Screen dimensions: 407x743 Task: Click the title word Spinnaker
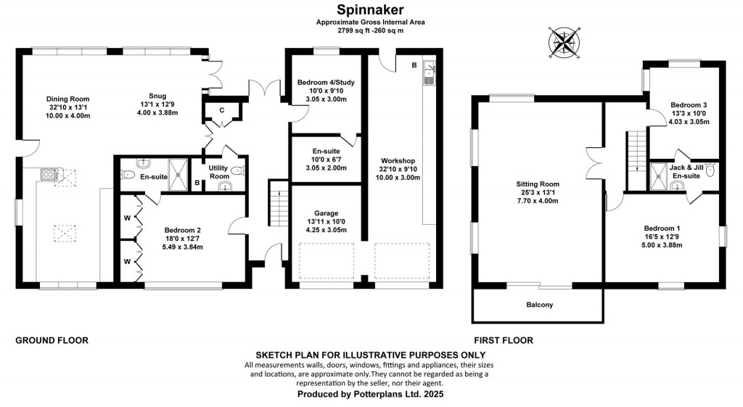(x=370, y=9)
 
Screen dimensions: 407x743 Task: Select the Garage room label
(x=326, y=213)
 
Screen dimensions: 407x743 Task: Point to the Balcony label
(x=539, y=305)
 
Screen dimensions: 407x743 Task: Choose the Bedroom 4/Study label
(x=325, y=83)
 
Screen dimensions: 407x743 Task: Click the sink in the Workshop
(x=430, y=73)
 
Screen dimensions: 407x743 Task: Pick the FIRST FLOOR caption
(x=504, y=340)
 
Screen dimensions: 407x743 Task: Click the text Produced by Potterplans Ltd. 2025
(x=370, y=394)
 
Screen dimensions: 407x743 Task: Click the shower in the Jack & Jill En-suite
(x=660, y=172)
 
